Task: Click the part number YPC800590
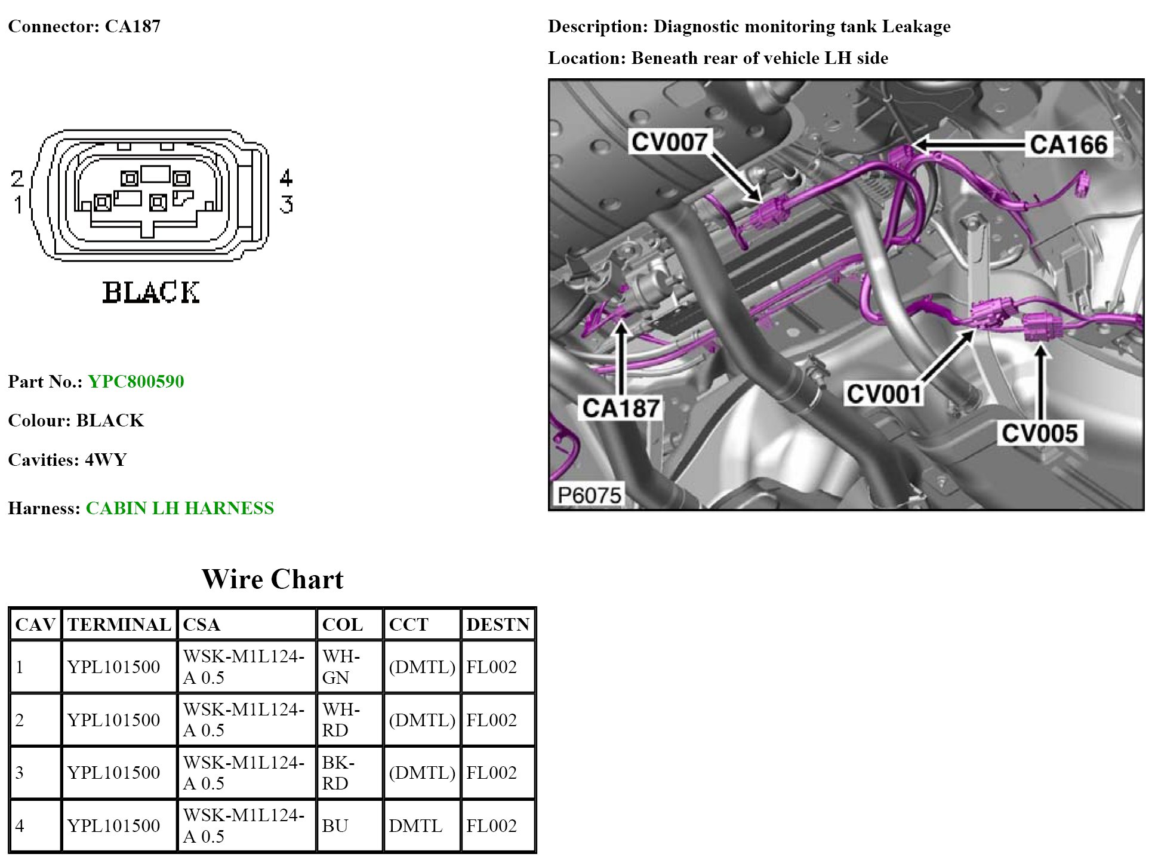click(x=135, y=382)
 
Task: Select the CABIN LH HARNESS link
click(x=180, y=508)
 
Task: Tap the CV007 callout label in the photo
click(x=669, y=142)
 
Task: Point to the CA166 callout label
click(x=1068, y=145)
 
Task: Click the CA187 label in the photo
click(x=621, y=408)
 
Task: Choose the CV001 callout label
click(x=884, y=394)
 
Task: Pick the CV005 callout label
click(x=1039, y=434)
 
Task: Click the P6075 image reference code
click(x=589, y=495)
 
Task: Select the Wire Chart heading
click(x=272, y=579)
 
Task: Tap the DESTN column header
click(x=498, y=625)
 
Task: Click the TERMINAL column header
click(x=119, y=625)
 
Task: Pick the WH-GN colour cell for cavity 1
click(x=341, y=666)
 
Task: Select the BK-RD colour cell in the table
click(x=338, y=773)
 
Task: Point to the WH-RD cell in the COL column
click(x=341, y=720)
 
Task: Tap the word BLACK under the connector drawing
click(x=151, y=293)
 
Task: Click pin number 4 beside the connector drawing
click(x=287, y=177)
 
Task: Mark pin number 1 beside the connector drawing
click(x=18, y=205)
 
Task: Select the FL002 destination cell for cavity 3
click(x=491, y=773)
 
